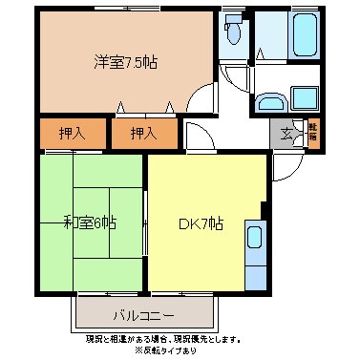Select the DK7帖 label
pos(201,224)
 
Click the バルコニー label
pos(143,313)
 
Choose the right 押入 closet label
pos(143,134)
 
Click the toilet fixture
pos(233,34)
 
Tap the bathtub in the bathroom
pos(303,36)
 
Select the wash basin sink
pos(270,101)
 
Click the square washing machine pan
pos(305,99)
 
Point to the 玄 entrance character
pos(286,133)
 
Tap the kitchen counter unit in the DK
pos(256,254)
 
